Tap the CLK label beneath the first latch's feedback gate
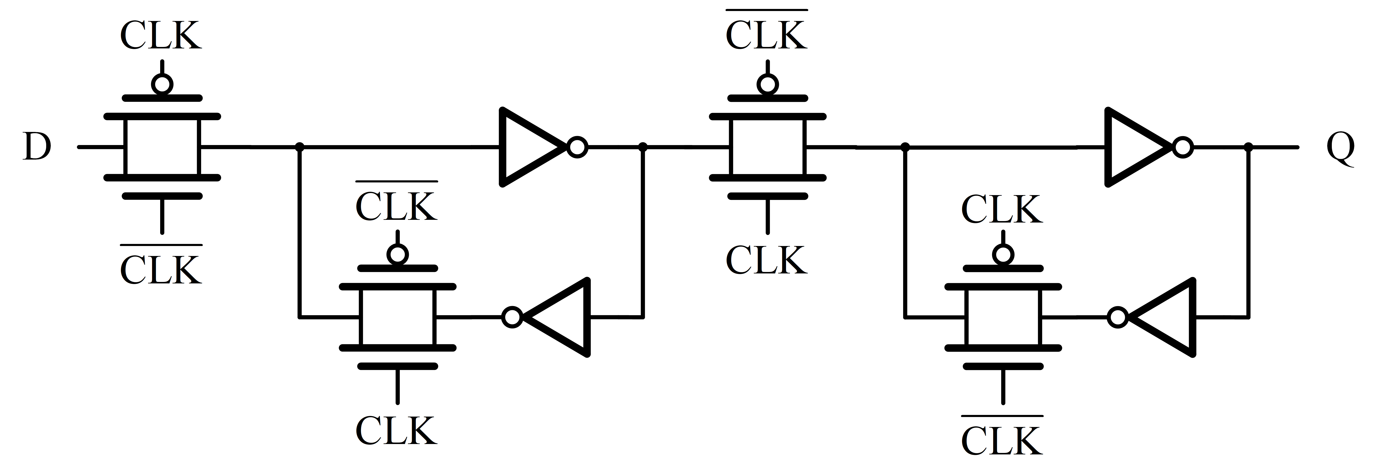[x=396, y=431]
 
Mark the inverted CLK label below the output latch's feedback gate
[x=1002, y=439]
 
